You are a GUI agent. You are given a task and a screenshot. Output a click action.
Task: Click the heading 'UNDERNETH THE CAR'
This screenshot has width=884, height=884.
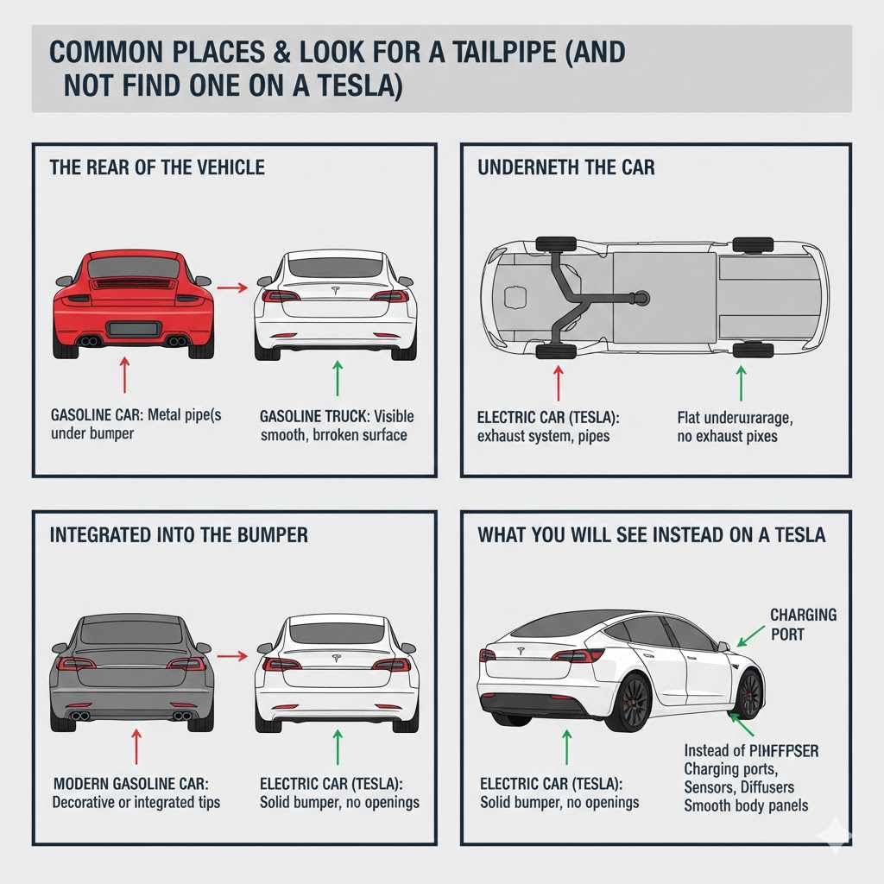(x=565, y=167)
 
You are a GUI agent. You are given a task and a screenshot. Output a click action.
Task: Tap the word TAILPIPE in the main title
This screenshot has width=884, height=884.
(x=493, y=52)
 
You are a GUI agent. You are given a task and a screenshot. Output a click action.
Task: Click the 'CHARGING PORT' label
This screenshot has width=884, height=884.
(x=803, y=624)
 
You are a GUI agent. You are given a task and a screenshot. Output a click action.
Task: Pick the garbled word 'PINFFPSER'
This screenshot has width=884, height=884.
(x=774, y=750)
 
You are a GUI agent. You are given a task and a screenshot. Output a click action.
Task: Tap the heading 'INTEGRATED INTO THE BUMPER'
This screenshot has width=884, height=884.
(x=179, y=535)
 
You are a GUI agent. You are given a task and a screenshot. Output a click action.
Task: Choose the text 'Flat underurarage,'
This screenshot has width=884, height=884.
(x=735, y=418)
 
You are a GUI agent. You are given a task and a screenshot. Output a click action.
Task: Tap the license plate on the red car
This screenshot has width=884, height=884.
(x=132, y=328)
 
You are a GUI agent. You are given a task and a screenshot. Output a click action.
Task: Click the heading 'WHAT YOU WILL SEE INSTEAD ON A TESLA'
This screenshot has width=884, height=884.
(x=651, y=535)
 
